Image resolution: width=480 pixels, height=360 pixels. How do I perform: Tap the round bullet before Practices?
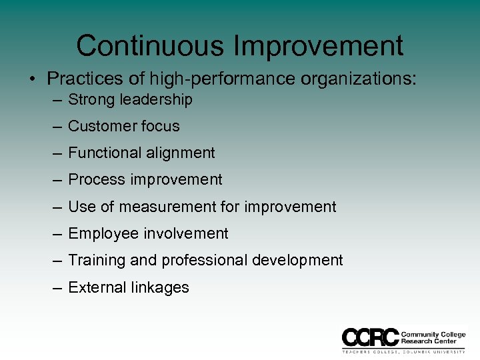[x=32, y=79]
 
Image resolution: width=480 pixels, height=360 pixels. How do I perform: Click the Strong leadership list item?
[x=130, y=100]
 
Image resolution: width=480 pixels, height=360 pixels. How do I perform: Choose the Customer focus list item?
[x=124, y=126]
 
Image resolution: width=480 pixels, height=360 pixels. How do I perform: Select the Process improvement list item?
[x=145, y=179]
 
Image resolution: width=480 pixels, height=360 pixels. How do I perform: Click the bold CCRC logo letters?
[x=370, y=337]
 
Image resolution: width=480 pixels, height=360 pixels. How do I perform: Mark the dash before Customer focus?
[x=57, y=127]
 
